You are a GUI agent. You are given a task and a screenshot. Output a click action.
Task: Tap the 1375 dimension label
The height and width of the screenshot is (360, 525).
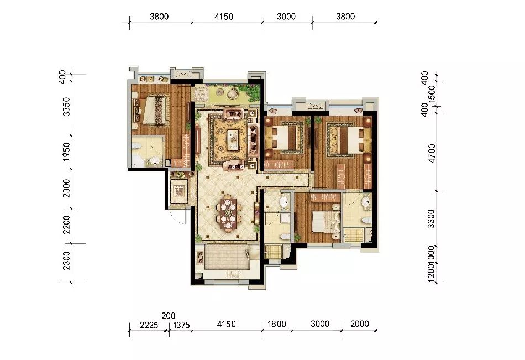click(181, 324)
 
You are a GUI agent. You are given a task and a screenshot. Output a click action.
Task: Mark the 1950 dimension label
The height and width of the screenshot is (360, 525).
click(66, 151)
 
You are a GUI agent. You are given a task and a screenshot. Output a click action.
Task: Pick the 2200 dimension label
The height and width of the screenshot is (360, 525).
click(66, 225)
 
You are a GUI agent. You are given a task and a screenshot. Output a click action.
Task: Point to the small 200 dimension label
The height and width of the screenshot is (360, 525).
click(168, 315)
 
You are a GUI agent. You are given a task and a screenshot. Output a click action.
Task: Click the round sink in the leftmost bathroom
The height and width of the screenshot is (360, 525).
click(154, 161)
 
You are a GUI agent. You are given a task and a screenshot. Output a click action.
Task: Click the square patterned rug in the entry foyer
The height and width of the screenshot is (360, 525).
click(180, 192)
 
